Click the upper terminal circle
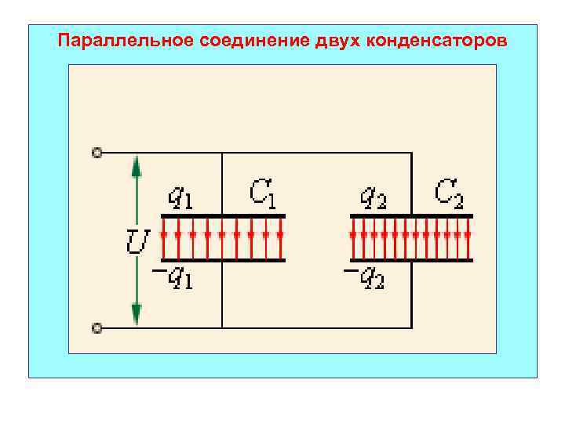(97, 153)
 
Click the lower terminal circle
(97, 327)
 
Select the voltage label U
(137, 242)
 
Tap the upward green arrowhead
(137, 166)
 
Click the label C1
(262, 193)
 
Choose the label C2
(450, 193)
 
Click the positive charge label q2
(371, 197)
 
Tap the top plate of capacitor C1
(223, 215)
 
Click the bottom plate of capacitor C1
(223, 261)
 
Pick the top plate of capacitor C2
(411, 215)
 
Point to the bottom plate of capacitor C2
(411, 261)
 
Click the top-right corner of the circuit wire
(412, 153)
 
